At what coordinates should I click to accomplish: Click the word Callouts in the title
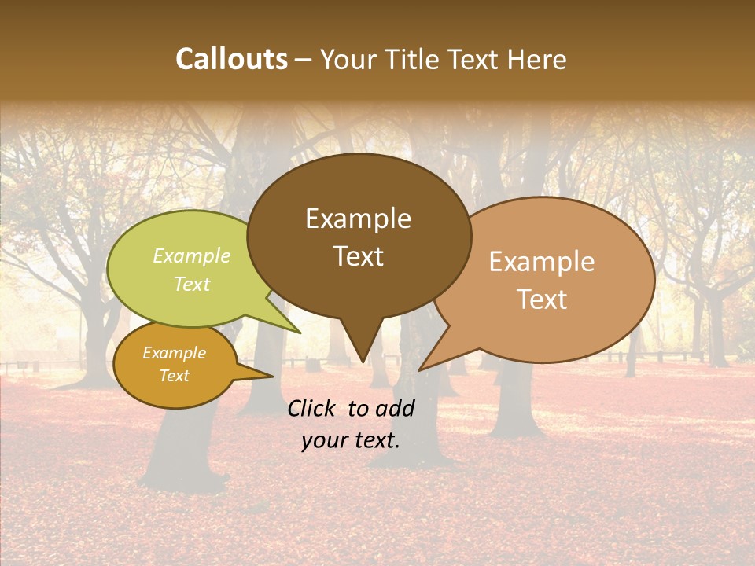click(231, 59)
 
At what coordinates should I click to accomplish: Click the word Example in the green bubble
click(191, 256)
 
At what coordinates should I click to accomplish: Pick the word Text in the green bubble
click(191, 284)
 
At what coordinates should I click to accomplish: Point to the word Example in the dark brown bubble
click(358, 219)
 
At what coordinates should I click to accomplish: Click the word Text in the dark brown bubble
click(358, 256)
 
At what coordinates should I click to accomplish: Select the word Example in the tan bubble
click(542, 262)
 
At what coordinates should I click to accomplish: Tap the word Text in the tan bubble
click(542, 300)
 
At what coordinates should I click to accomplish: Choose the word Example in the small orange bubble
click(174, 353)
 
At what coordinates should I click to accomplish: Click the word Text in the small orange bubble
click(174, 376)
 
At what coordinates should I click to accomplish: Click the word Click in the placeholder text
click(312, 408)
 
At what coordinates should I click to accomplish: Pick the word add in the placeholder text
click(396, 408)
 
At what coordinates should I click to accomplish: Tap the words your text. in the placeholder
click(351, 440)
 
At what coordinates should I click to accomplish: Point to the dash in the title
click(304, 60)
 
